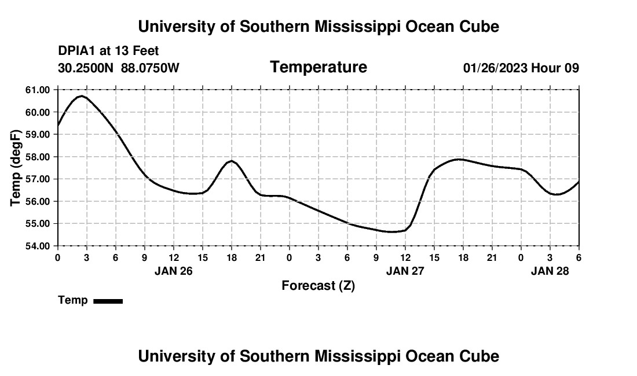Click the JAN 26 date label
click(173, 271)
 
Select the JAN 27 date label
click(405, 271)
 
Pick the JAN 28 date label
click(550, 271)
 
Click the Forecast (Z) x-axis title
click(318, 285)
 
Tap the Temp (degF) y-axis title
click(16, 168)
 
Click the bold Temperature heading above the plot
click(318, 67)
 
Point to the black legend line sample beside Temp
click(108, 301)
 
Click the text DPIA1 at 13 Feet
click(108, 51)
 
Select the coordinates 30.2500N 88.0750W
click(119, 68)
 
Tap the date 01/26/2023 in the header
click(495, 68)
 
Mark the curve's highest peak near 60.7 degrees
click(82, 96)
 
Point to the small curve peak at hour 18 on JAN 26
click(231, 161)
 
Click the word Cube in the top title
click(479, 27)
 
